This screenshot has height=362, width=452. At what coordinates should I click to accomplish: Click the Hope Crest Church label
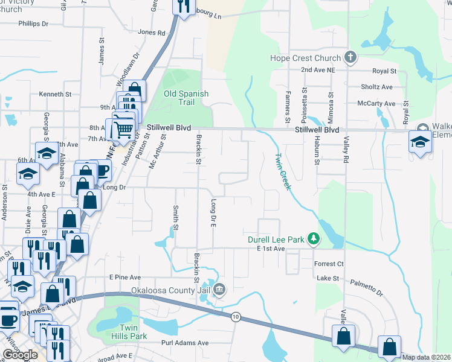306,59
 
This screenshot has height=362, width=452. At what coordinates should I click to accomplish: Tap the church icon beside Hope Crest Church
349,58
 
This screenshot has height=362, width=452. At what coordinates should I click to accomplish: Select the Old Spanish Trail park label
187,98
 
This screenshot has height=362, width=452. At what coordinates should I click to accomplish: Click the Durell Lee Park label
276,240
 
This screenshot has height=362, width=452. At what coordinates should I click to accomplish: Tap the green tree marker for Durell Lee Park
313,240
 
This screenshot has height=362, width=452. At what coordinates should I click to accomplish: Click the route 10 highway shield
235,316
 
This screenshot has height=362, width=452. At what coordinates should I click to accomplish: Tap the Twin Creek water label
283,171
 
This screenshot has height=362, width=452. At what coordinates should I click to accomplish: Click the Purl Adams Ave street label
185,343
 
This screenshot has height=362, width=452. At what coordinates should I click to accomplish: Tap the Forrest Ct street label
329,264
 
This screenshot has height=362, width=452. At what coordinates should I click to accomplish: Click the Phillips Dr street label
33,24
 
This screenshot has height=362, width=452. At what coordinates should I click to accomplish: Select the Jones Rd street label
151,32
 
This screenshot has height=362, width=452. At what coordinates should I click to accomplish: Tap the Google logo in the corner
20,355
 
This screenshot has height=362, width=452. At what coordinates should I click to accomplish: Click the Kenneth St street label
55,94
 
